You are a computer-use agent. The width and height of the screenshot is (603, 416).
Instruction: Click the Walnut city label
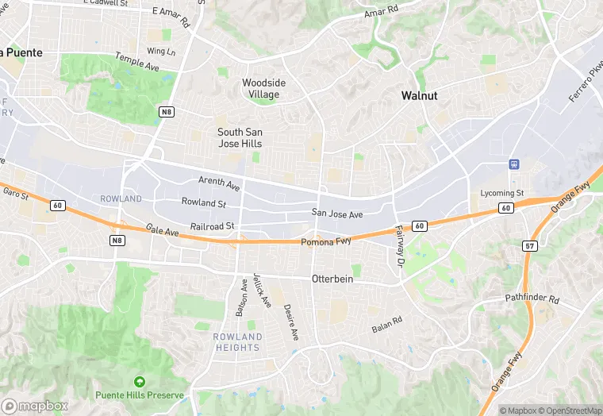coord(419,95)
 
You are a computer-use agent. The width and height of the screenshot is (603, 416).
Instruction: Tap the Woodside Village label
coord(263,88)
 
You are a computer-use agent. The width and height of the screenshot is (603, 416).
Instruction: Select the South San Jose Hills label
coord(240,137)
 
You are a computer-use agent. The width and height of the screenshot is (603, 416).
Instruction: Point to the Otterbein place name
coord(332,279)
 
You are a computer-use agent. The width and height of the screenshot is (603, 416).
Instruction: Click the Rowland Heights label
coord(237,341)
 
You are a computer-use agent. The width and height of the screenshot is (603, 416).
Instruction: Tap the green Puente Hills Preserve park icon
coord(140,382)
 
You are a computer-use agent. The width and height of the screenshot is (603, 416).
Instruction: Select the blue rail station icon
coord(514,164)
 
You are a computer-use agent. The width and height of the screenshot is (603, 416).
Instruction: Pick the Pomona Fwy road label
coord(326,241)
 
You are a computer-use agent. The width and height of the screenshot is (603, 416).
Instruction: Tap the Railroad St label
coord(213,226)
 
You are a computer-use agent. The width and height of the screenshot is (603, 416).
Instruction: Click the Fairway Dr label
coord(399,245)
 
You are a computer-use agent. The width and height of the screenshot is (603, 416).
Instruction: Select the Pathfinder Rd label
coord(532,300)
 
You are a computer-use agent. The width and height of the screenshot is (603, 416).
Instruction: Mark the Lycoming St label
coord(502,193)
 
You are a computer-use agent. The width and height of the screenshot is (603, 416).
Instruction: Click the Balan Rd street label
coord(387,325)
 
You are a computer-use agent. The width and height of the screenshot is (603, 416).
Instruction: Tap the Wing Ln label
coord(160,51)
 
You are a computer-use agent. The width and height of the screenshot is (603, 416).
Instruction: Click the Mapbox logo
coord(36,405)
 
